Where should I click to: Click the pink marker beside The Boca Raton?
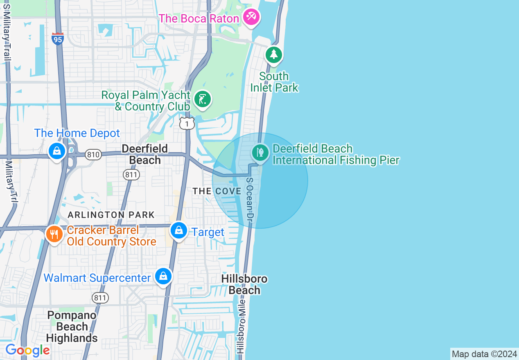pyautogui.click(x=250, y=17)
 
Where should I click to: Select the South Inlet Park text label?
pyautogui.click(x=274, y=82)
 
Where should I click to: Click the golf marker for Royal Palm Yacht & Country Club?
pyautogui.click(x=202, y=99)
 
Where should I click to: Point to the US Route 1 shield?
pyautogui.click(x=187, y=124)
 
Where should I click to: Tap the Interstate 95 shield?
pyautogui.click(x=58, y=38)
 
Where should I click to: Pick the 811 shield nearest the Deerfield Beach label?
pyautogui.click(x=131, y=175)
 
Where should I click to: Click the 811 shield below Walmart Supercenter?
pyautogui.click(x=100, y=298)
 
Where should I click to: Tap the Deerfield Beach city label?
pyautogui.click(x=145, y=154)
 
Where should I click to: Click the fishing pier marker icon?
pyautogui.click(x=260, y=153)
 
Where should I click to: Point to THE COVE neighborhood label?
pyautogui.click(x=217, y=191)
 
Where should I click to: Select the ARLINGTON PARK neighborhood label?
pyautogui.click(x=111, y=215)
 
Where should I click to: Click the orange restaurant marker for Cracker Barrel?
pyautogui.click(x=54, y=234)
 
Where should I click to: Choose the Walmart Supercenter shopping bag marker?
pyautogui.click(x=163, y=277)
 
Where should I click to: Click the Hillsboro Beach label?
pyautogui.click(x=244, y=284)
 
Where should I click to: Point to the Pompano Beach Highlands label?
pyautogui.click(x=72, y=326)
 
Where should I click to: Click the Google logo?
pyautogui.click(x=27, y=351)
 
